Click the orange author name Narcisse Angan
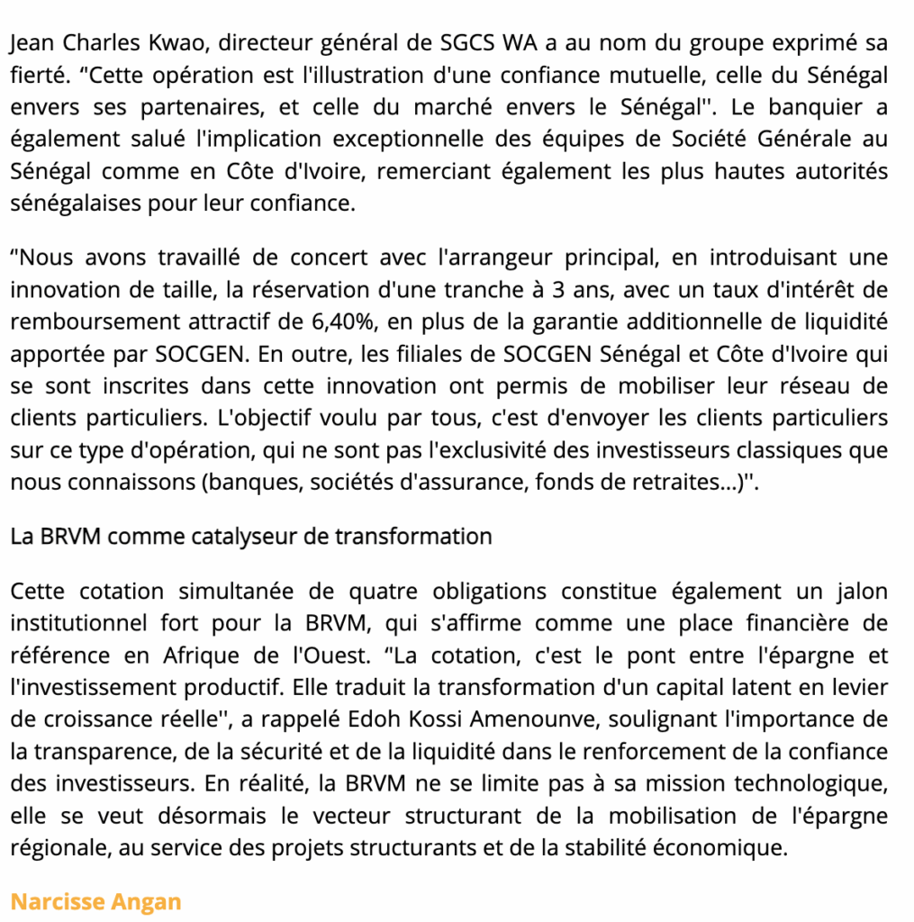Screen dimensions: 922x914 [x=96, y=901]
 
